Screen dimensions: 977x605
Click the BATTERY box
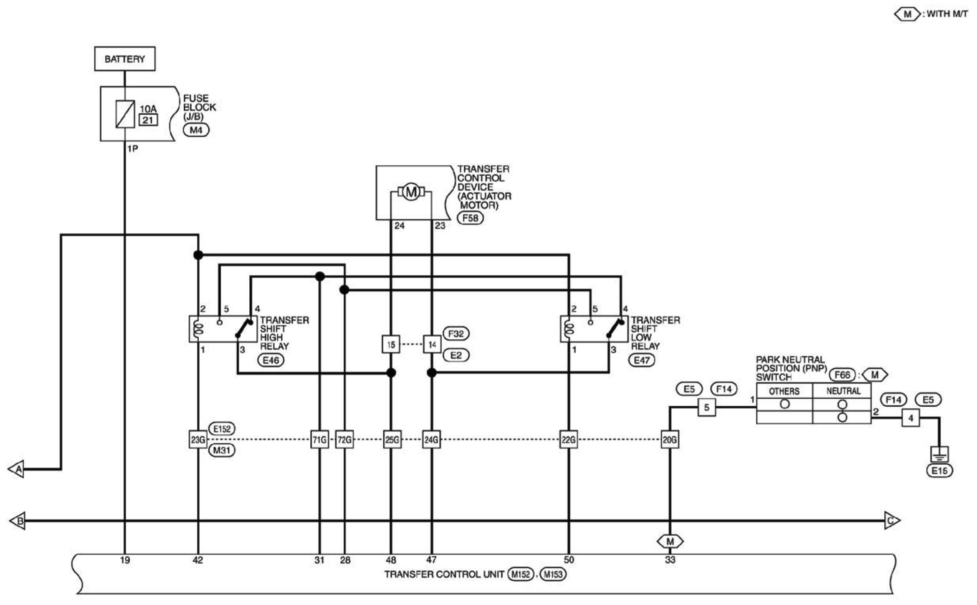click(x=125, y=59)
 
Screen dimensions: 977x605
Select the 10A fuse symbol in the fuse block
click(x=125, y=114)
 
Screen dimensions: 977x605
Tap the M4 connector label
click(x=196, y=130)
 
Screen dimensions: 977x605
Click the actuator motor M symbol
click(x=411, y=192)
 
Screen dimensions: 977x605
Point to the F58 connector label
click(x=471, y=218)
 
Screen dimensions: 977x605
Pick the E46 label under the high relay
click(x=271, y=360)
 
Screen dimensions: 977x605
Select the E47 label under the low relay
click(x=642, y=360)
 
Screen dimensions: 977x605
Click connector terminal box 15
click(x=391, y=344)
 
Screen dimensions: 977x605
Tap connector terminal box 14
click(x=432, y=344)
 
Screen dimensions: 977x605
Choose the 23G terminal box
click(x=198, y=440)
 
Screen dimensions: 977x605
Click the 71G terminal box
click(x=319, y=440)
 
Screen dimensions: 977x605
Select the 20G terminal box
click(x=670, y=440)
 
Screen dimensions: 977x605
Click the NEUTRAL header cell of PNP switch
click(x=842, y=391)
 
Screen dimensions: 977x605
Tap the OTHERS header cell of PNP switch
click(x=785, y=391)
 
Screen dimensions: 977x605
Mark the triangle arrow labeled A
click(x=16, y=469)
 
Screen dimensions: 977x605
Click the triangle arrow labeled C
click(x=892, y=521)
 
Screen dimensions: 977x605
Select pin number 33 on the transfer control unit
click(x=670, y=560)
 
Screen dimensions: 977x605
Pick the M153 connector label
click(x=553, y=575)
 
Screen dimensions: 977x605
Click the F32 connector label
click(x=456, y=334)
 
